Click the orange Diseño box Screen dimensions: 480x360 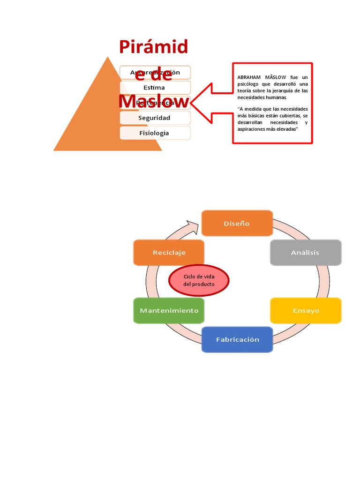(x=237, y=223)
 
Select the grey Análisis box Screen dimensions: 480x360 (x=305, y=252)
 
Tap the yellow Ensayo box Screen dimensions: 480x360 (x=305, y=310)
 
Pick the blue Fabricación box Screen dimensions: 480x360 (x=237, y=339)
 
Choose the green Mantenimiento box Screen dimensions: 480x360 (x=169, y=310)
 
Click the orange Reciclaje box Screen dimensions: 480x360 (x=169, y=252)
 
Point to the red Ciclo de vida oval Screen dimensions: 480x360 (x=199, y=281)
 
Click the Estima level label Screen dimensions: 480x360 (x=154, y=88)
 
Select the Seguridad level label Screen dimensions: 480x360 (x=154, y=118)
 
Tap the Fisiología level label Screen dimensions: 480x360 (x=154, y=133)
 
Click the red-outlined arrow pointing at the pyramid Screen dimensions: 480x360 (x=206, y=103)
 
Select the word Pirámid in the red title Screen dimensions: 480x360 (x=153, y=47)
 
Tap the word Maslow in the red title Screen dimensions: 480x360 (x=154, y=102)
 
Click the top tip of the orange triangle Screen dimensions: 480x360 (x=108, y=58)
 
